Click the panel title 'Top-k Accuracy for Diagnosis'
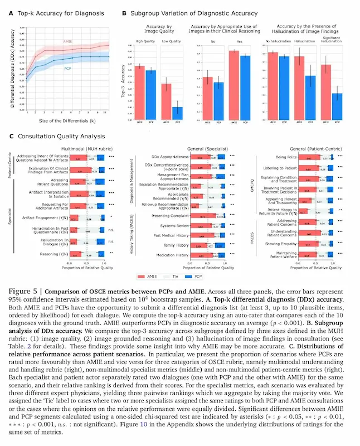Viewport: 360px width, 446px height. (53, 13)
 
